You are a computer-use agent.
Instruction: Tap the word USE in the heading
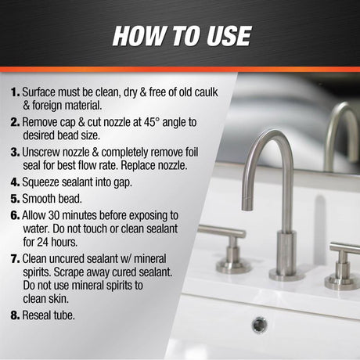point(229,36)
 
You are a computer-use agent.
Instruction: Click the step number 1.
point(15,92)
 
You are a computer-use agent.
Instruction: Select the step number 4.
point(15,182)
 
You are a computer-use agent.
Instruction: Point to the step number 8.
point(15,315)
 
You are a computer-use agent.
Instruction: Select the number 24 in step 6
point(43,242)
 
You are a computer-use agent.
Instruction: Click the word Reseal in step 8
point(37,315)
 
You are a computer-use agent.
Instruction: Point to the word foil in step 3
point(192,152)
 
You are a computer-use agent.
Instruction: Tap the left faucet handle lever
point(221,231)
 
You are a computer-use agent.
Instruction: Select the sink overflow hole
point(260,325)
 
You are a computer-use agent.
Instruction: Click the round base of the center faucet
point(286,275)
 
